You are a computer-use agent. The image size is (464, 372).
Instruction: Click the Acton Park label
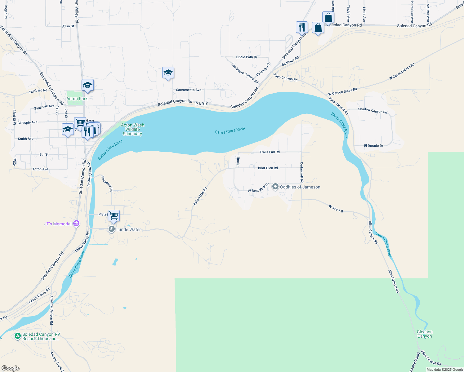77,99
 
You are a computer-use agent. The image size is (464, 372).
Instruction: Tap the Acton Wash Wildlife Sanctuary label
132,130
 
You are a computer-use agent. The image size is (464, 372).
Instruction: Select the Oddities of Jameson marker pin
275,187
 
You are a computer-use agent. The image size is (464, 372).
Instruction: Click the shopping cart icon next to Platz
114,215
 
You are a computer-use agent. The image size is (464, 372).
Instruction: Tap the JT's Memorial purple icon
76,224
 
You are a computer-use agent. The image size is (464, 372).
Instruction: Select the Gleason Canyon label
425,334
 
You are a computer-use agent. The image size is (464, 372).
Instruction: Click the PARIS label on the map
202,104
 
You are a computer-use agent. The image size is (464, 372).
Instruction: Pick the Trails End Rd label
270,152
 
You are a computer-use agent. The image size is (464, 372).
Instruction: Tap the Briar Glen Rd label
268,168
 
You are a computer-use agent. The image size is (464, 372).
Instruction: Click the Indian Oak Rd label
200,196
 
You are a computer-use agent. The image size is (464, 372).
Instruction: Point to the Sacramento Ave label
189,90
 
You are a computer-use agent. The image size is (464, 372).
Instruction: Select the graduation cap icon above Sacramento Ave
168,73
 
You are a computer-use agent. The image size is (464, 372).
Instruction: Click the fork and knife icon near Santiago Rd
302,27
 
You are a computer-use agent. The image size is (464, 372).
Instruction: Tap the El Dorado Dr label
373,146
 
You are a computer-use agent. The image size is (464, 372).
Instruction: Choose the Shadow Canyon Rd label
373,110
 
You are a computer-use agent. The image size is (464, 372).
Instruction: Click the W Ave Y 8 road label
336,209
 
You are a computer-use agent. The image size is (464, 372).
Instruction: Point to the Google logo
11,368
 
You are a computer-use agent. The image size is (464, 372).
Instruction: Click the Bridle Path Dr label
247,57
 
